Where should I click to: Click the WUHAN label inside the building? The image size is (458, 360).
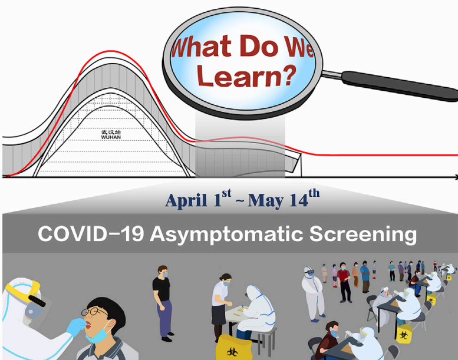tap(111, 137)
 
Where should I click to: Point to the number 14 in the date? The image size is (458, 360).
tap(299, 200)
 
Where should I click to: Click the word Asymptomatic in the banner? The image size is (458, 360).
tap(226, 235)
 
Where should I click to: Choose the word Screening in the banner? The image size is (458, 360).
tap(363, 235)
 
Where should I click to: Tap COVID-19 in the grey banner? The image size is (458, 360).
tap(91, 234)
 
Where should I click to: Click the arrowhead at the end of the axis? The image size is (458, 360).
tap(456, 177)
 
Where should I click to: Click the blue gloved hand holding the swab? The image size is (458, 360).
tap(76, 326)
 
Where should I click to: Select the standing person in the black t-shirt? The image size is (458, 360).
tap(162, 303)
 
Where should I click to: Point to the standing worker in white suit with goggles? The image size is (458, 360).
tap(312, 294)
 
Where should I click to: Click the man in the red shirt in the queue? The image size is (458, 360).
tap(344, 282)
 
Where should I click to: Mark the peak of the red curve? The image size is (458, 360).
tap(110, 51)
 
